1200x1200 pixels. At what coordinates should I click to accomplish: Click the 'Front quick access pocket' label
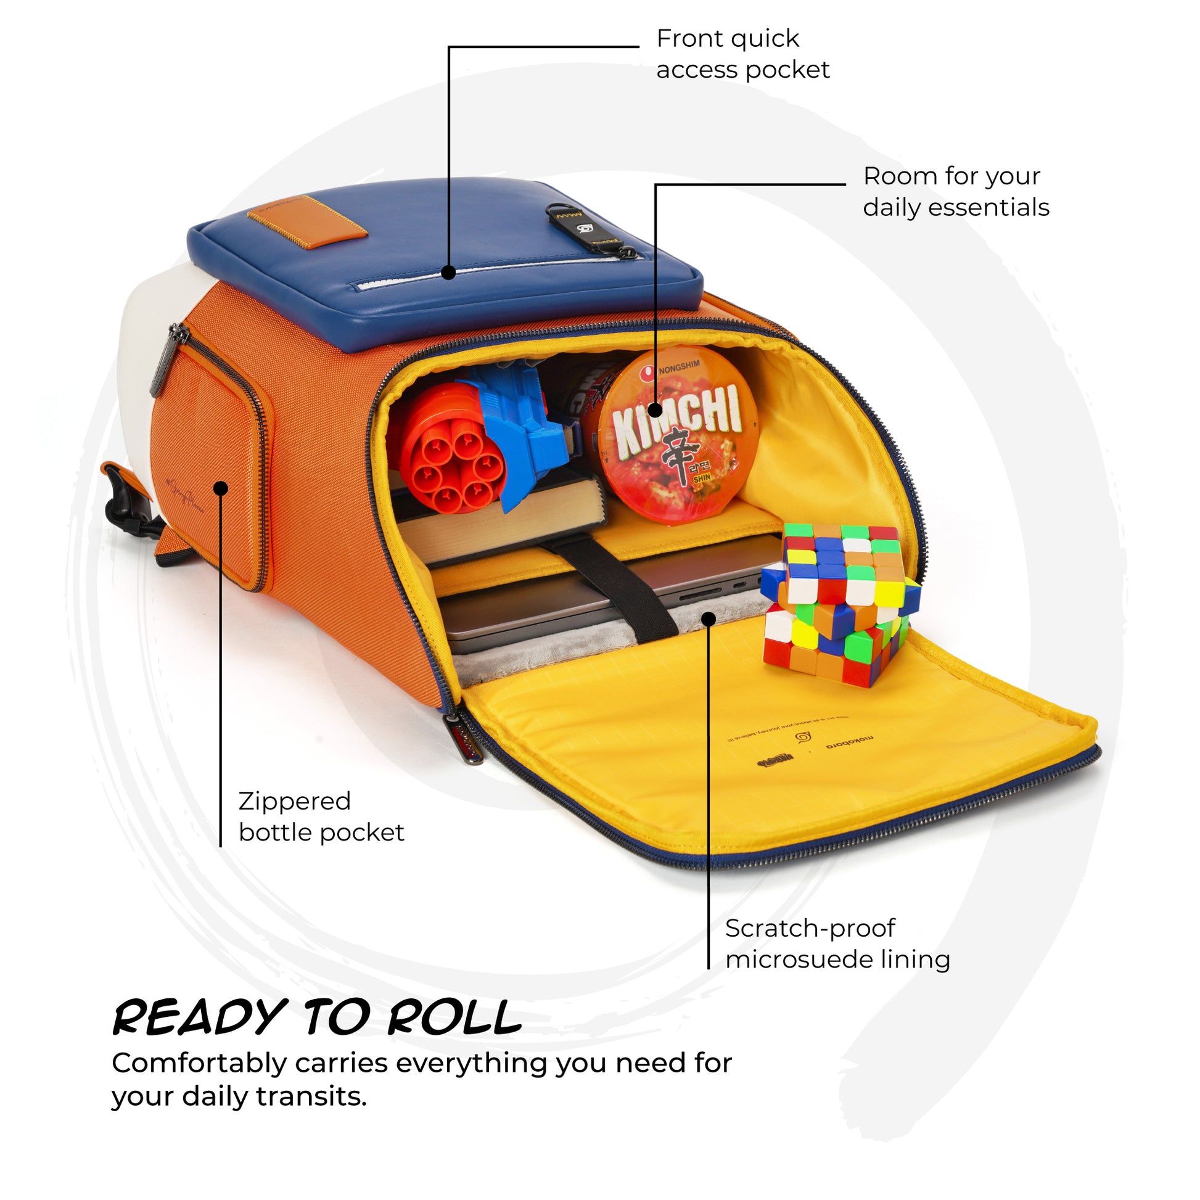tap(742, 55)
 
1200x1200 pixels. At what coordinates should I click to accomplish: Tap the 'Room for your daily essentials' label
tap(955, 192)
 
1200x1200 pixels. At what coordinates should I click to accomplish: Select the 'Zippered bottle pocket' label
tap(321, 817)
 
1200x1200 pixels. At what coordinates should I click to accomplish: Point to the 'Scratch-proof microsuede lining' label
tap(837, 944)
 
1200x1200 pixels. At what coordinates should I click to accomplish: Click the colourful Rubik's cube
tap(839, 602)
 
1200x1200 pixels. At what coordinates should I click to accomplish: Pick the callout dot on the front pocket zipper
tap(448, 272)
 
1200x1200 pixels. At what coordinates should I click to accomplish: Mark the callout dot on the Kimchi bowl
tap(655, 410)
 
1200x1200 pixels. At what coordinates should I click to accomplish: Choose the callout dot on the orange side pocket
tap(221, 488)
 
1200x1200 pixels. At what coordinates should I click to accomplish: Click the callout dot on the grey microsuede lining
tap(709, 618)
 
